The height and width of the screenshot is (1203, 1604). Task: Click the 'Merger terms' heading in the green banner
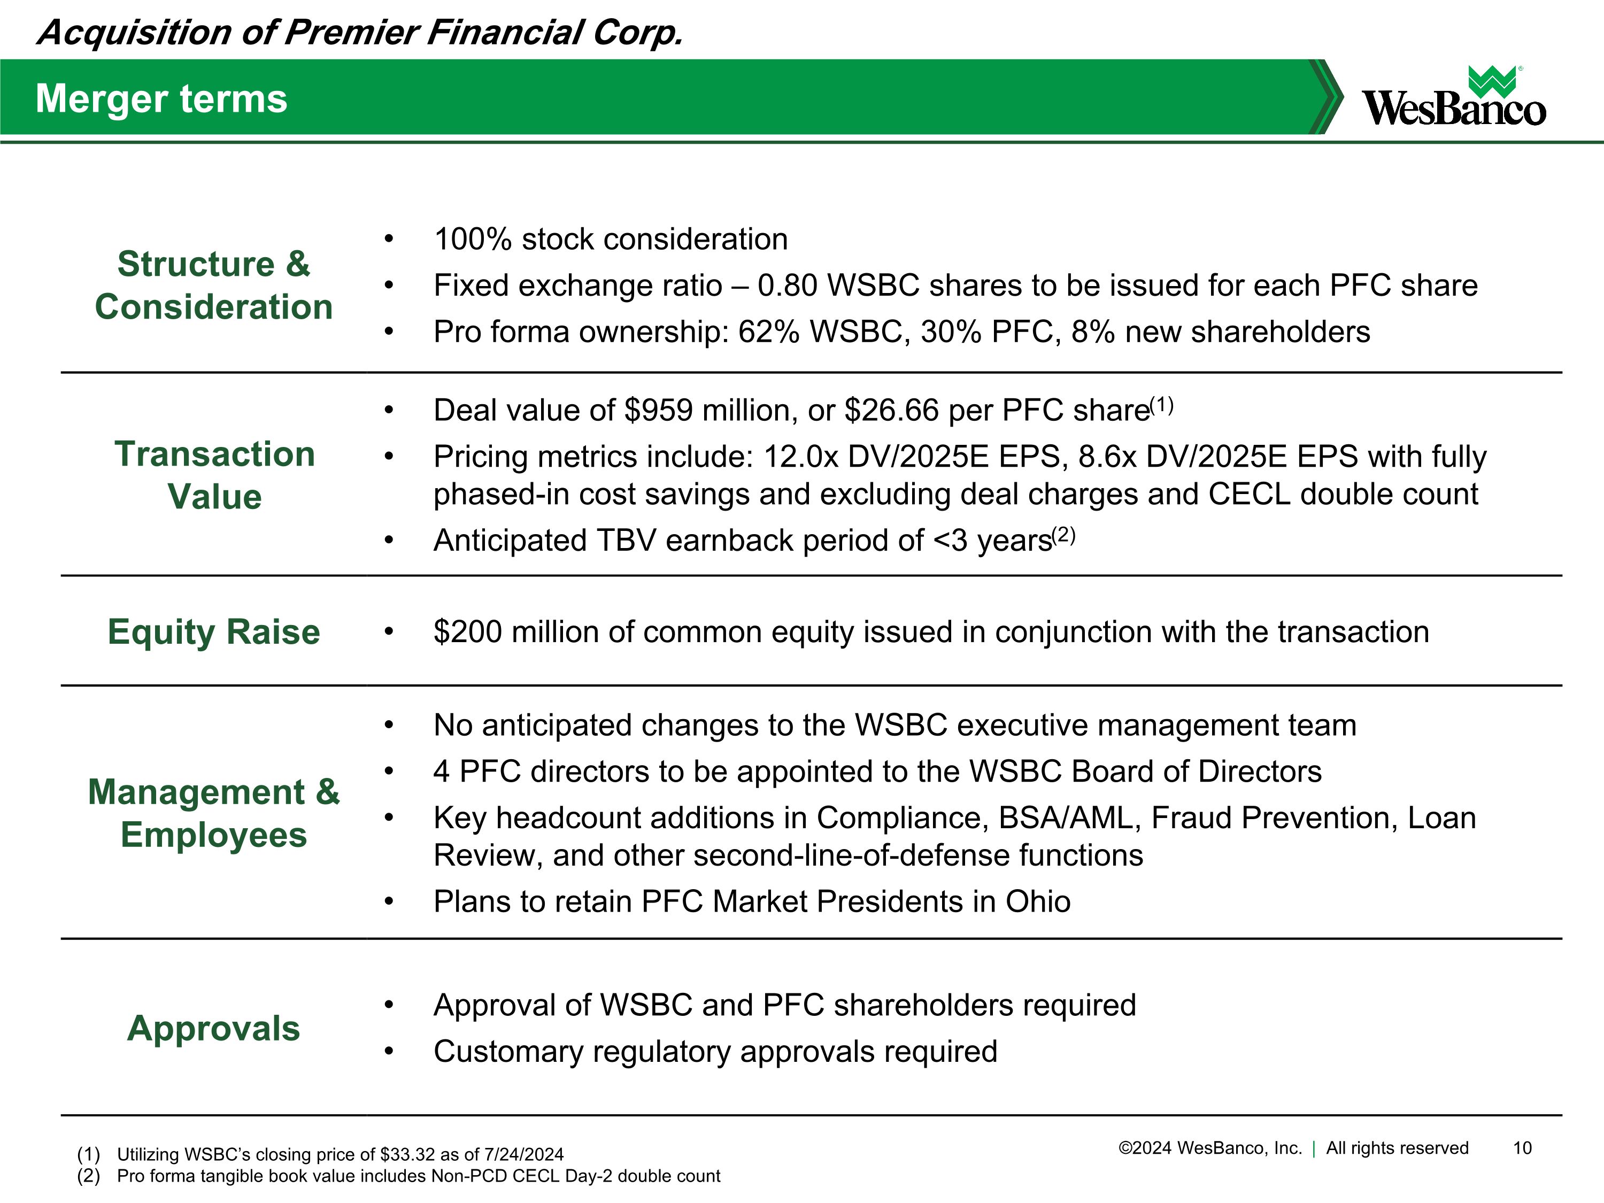pos(161,98)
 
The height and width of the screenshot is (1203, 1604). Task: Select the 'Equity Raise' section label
pos(214,631)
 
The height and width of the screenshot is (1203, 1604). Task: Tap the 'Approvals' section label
pos(213,1028)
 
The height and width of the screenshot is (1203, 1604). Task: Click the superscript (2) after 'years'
pos(1064,535)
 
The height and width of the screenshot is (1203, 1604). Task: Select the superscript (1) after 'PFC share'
pos(1162,405)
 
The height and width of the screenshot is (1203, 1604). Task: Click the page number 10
pos(1522,1148)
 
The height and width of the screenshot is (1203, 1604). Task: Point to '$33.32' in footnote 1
pos(405,1154)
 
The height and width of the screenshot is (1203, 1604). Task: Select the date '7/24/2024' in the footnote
pos(523,1154)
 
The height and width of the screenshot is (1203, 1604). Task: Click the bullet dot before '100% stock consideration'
pos(389,240)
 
